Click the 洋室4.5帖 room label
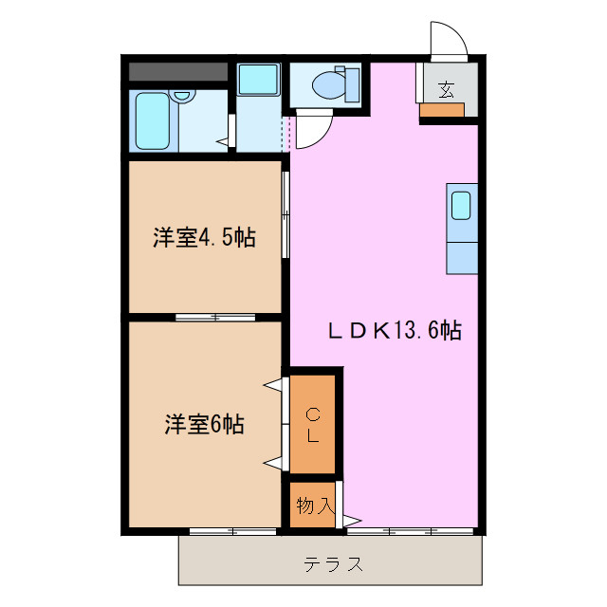pos(204,238)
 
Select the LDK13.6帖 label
pos(395,331)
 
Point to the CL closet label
pos(312,424)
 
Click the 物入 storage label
pos(314,506)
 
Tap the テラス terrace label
pos(334,564)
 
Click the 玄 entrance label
pos(446,89)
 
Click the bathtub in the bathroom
pos(151,121)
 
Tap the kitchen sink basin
pos(461,205)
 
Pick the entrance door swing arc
pos(451,38)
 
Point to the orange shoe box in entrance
pos(441,109)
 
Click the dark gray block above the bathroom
pos(178,72)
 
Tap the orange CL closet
pos(312,424)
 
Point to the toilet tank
pos(354,84)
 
